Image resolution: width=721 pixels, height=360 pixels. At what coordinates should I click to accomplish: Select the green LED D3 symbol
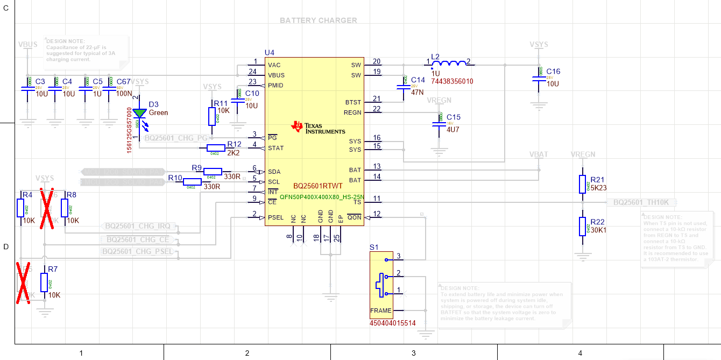point(140,114)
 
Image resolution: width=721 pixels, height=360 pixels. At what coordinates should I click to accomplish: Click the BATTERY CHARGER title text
point(318,20)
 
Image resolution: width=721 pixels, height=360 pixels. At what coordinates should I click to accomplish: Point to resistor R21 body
point(582,183)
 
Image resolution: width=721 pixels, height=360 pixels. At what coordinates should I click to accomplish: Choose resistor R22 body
point(582,225)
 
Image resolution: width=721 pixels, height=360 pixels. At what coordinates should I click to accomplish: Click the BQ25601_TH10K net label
point(641,202)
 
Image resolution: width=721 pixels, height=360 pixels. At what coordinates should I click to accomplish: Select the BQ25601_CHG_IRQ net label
point(137,227)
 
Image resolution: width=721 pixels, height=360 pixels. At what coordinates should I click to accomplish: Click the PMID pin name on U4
point(275,86)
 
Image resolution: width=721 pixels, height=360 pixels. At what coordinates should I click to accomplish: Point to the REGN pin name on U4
point(352,112)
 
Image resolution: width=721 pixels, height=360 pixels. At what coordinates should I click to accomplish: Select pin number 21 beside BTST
point(377,98)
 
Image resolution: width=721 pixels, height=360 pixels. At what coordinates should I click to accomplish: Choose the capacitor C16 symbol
point(539,78)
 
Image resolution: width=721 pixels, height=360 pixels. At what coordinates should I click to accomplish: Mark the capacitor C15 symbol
point(440,123)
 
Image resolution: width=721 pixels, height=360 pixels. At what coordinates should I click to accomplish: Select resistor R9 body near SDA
point(212,171)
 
